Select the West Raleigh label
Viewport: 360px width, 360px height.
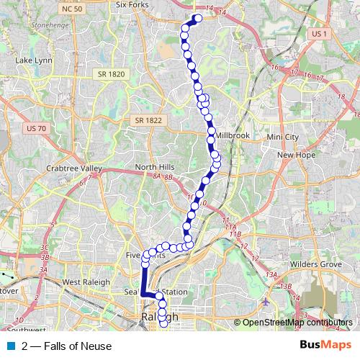point(86,282)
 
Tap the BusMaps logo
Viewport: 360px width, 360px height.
point(325,346)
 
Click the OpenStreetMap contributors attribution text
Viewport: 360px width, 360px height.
point(298,323)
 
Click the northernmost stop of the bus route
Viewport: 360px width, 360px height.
point(197,19)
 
